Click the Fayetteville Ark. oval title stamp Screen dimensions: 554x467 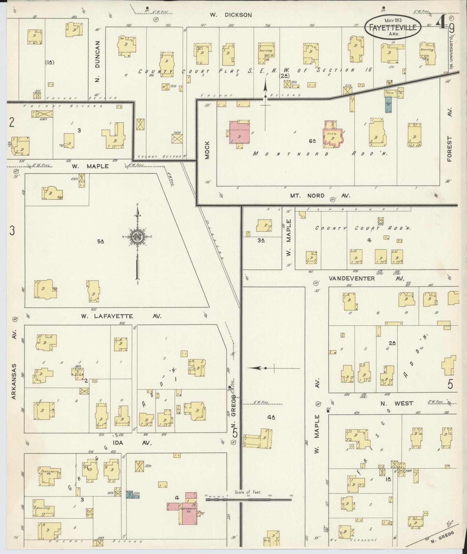[393, 28]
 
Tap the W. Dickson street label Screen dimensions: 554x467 [230, 15]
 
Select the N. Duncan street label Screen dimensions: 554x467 [98, 61]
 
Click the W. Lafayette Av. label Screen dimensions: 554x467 [121, 316]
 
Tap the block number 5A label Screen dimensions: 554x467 [100, 241]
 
